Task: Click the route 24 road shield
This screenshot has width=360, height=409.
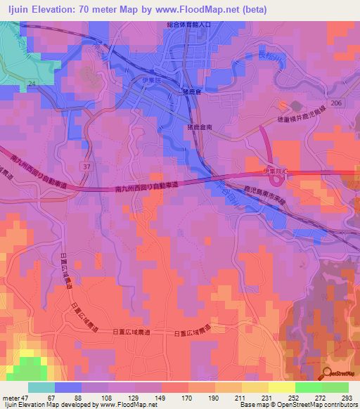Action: pos(31,84)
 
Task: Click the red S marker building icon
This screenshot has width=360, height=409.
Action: pos(283,106)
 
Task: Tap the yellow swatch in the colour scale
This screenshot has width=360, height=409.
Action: pos(282,387)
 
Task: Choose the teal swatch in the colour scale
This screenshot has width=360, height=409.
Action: pos(41,387)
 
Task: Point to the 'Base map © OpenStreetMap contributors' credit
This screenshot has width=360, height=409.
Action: pos(296,405)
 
